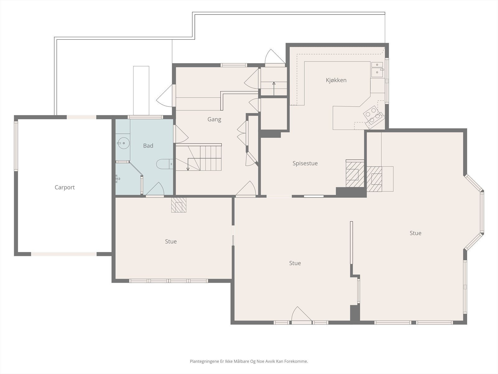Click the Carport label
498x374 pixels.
[x=65, y=188]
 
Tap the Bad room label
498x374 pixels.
[x=148, y=146]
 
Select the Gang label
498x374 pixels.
[x=214, y=119]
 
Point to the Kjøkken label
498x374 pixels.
[x=336, y=80]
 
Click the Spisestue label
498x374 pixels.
[x=305, y=163]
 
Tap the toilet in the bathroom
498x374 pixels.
[x=165, y=164]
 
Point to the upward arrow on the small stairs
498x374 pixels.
[x=274, y=89]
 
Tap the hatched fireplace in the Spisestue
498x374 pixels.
[x=355, y=174]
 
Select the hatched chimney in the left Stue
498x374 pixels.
[x=179, y=205]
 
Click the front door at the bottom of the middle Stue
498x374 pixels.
[x=302, y=315]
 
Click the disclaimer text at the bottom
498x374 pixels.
[x=249, y=361]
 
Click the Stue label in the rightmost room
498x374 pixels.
[x=416, y=233]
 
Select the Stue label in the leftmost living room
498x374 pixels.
[x=171, y=242]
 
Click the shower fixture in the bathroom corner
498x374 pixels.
[x=118, y=179]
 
